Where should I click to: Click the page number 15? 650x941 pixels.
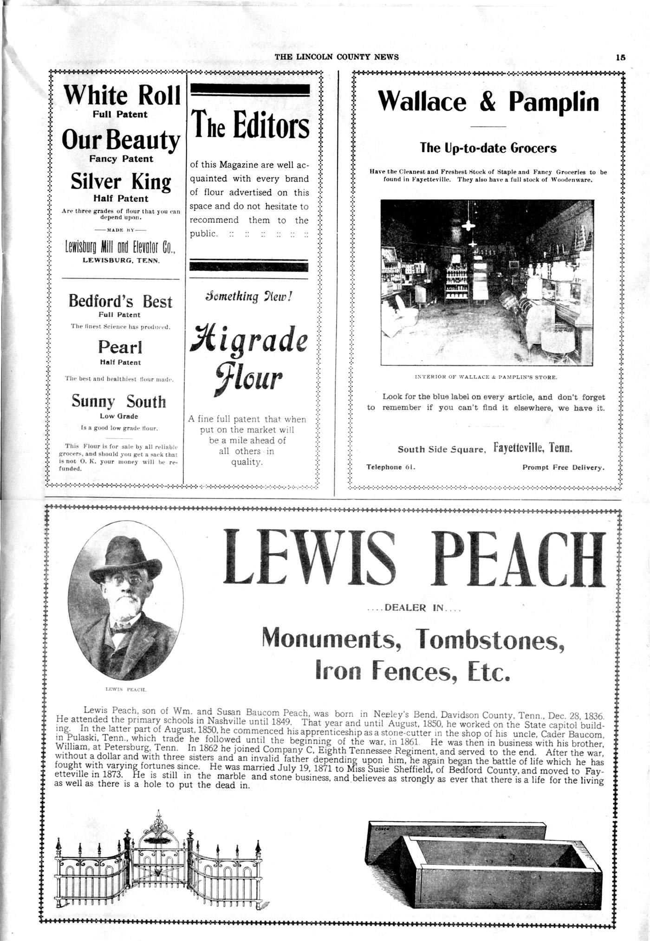tap(621, 58)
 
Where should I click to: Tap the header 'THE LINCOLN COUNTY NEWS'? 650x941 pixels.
tap(337, 57)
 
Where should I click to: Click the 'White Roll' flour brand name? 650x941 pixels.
tap(122, 95)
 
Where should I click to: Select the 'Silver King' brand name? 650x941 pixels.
tap(121, 182)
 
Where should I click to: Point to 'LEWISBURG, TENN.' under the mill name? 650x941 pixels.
tap(121, 260)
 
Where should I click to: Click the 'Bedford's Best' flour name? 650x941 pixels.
tap(120, 301)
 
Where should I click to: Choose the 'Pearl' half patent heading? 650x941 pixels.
tap(120, 347)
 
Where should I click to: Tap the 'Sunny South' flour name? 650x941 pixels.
tap(119, 401)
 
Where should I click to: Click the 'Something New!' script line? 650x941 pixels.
tap(248, 296)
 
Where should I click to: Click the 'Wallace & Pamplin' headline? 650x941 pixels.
tap(488, 101)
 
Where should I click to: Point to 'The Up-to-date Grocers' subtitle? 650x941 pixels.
tap(488, 148)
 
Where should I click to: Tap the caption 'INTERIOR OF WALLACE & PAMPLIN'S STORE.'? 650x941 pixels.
tap(486, 377)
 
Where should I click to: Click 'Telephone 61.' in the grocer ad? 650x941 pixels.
tap(390, 467)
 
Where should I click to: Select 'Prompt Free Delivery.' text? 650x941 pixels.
tap(563, 467)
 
